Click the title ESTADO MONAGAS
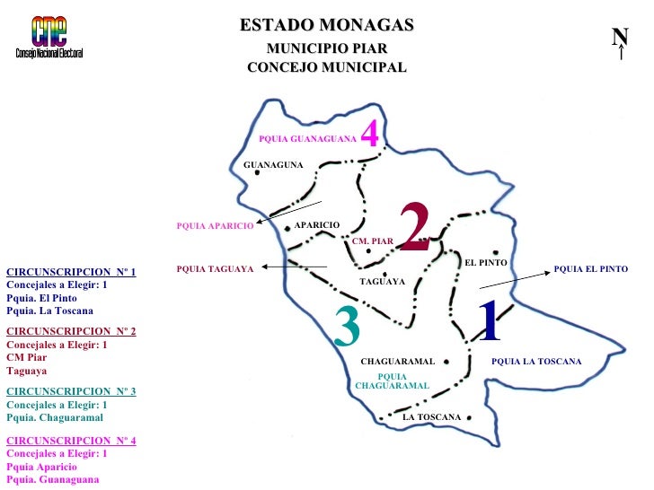(x=326, y=25)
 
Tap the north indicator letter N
(x=620, y=37)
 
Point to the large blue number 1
(x=489, y=320)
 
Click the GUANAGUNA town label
(x=274, y=165)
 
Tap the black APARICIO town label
(x=317, y=223)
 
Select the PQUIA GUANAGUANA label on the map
(x=307, y=140)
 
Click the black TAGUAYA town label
(x=382, y=282)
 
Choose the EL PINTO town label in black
(x=486, y=262)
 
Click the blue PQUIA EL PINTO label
(x=590, y=269)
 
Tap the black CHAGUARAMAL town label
(x=397, y=362)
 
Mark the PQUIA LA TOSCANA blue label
(x=536, y=362)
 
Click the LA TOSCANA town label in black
(x=431, y=417)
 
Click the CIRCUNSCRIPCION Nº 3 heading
(x=71, y=391)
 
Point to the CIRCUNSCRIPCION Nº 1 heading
(x=71, y=271)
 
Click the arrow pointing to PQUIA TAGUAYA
(x=294, y=267)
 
